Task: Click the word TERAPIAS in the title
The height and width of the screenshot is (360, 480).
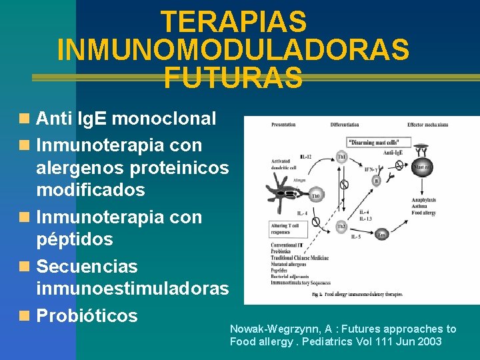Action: click(x=233, y=22)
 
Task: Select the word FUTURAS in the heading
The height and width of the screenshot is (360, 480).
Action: click(x=233, y=78)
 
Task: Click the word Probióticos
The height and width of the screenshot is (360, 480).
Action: click(x=87, y=315)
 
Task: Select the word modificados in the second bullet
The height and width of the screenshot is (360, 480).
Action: click(x=90, y=189)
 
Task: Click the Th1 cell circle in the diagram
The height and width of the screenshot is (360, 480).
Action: click(x=341, y=157)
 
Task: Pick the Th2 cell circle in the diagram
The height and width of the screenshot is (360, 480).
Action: click(x=341, y=227)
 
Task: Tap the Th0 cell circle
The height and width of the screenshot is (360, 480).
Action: click(x=315, y=196)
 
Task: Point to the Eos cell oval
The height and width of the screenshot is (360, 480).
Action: click(x=382, y=235)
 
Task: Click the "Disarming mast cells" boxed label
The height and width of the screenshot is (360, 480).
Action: click(x=379, y=143)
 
